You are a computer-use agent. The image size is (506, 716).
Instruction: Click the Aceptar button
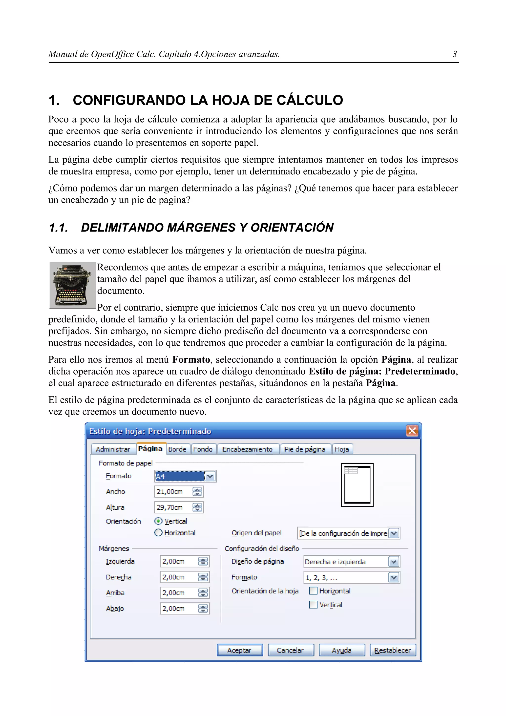(239, 650)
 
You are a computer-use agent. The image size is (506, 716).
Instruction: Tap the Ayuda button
(342, 650)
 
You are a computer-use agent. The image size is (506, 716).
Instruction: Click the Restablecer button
(393, 650)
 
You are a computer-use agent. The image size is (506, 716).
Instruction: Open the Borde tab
(177, 449)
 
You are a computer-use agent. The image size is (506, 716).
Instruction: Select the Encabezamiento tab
(248, 449)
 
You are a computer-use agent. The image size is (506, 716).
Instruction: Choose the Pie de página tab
(305, 449)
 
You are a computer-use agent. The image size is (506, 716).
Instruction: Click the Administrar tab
(113, 449)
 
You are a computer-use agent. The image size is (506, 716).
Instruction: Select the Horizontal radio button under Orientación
(158, 533)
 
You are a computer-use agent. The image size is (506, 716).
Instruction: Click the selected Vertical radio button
(158, 521)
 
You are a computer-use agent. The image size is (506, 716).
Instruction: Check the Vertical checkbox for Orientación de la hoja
(313, 605)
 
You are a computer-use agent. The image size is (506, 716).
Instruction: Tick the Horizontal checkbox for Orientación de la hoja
(313, 591)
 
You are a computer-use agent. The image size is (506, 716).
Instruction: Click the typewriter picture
(72, 285)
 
